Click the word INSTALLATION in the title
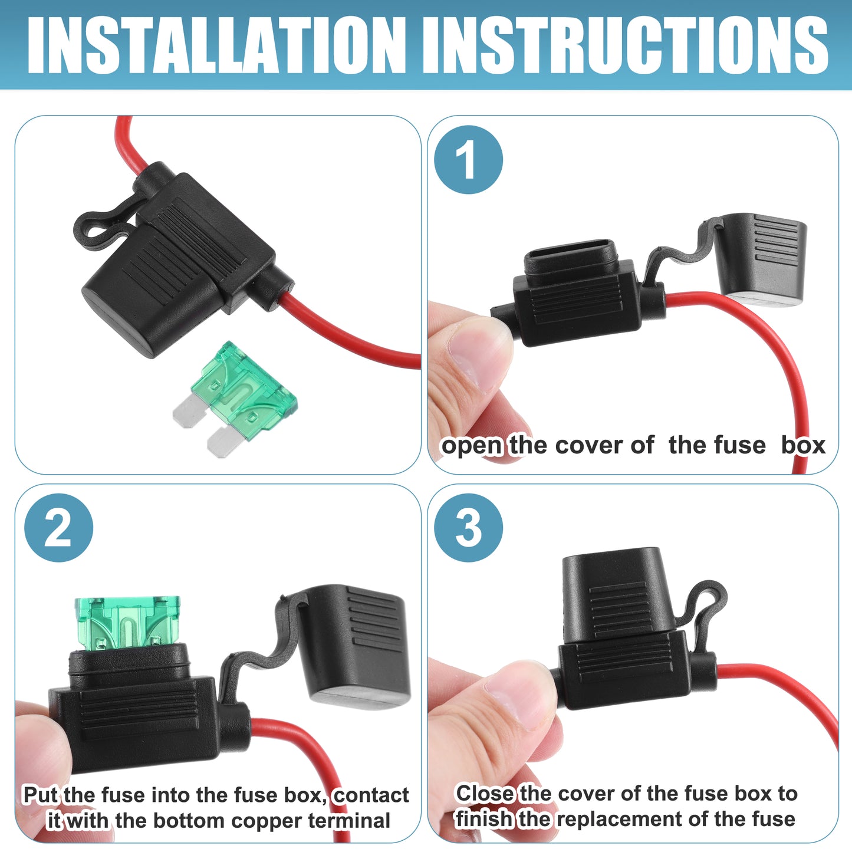click(x=216, y=45)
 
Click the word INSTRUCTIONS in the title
click(x=626, y=45)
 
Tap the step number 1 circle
click(x=468, y=160)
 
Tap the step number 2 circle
click(x=59, y=528)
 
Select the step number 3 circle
click(x=468, y=528)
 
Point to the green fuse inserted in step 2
click(x=128, y=623)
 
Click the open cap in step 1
click(x=761, y=259)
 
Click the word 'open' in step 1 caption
click(x=472, y=446)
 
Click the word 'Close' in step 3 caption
click(x=485, y=793)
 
